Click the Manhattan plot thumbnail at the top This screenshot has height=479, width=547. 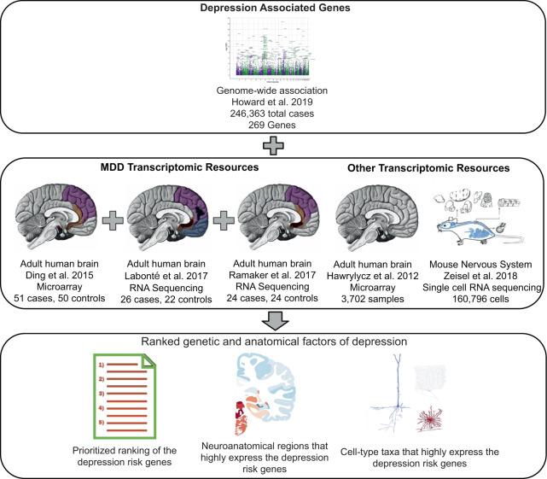pyautogui.click(x=273, y=50)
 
